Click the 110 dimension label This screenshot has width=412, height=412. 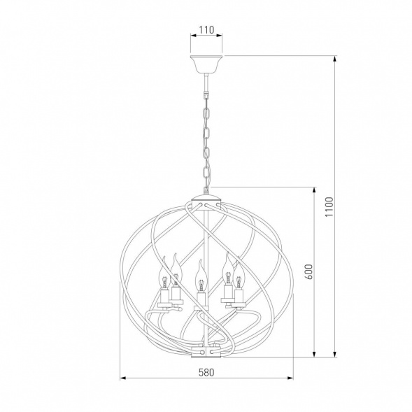206,30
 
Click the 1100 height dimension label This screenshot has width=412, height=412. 329,207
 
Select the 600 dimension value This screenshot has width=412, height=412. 310,271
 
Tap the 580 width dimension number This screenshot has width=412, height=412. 206,372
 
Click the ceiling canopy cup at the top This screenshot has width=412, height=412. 206,64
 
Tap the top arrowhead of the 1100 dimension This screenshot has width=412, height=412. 335,59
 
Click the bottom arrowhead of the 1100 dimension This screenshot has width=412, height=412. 335,354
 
